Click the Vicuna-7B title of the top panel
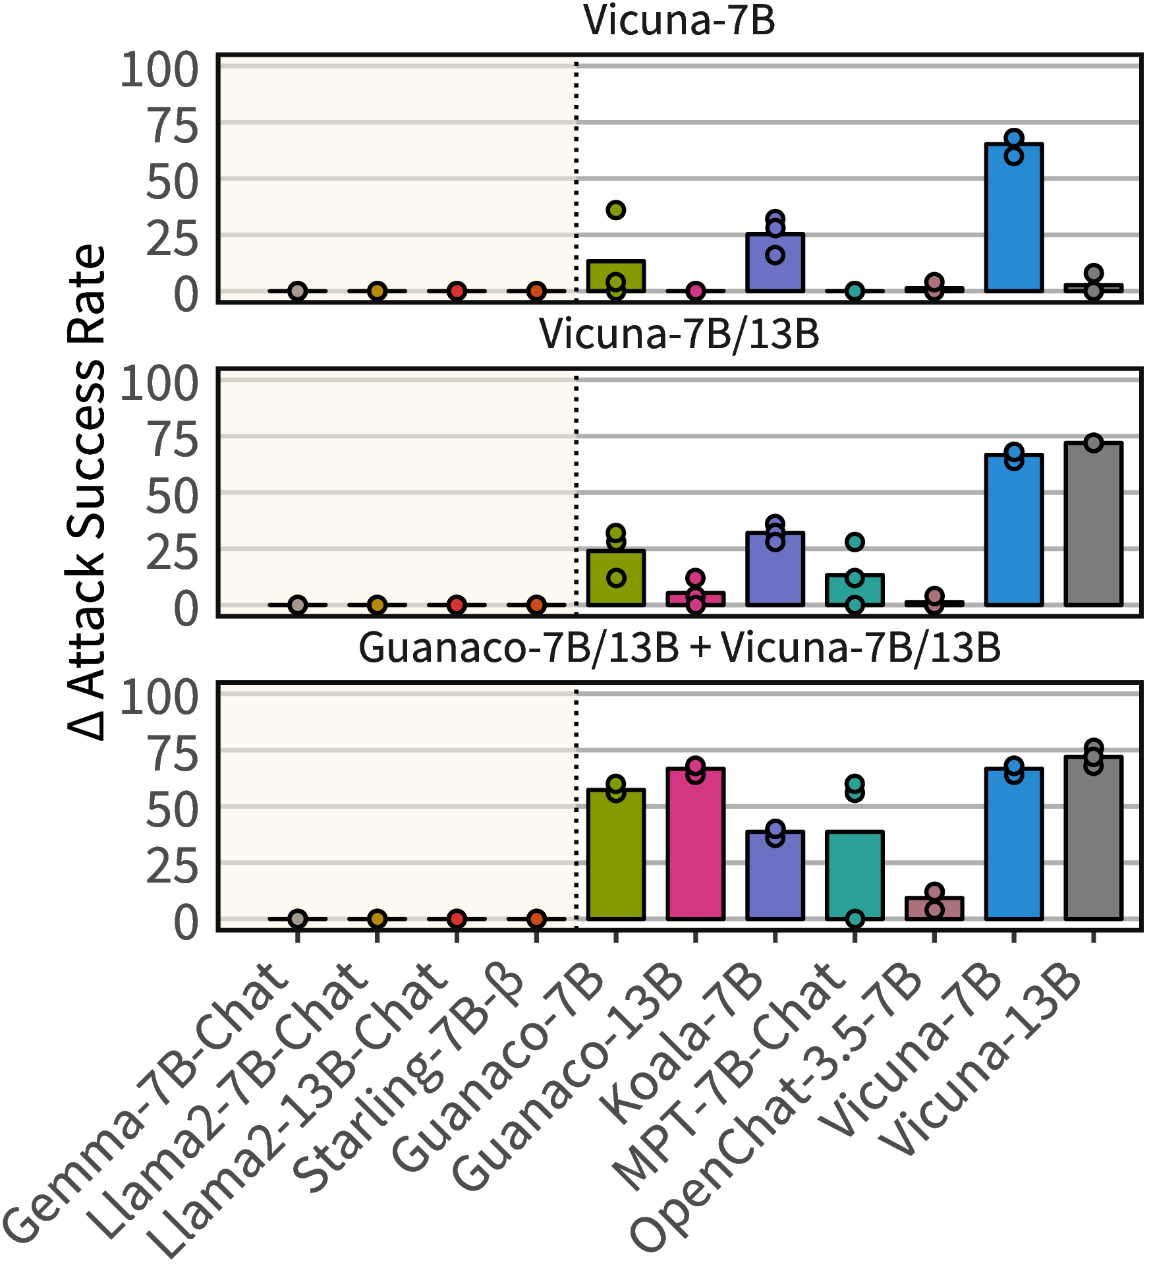click(679, 20)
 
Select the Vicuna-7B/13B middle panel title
click(679, 334)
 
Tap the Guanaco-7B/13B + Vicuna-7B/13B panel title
click(679, 647)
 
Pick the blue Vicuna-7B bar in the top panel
click(1014, 218)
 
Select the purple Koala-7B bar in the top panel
click(775, 262)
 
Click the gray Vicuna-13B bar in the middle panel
click(1094, 524)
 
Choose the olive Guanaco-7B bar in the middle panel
click(616, 578)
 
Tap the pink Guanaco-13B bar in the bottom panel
click(696, 844)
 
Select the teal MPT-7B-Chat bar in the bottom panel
click(855, 875)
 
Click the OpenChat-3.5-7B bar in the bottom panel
click(934, 908)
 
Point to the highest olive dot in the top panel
click(616, 210)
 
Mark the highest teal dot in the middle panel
click(855, 542)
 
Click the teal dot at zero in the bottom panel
click(855, 919)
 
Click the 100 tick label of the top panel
click(159, 69)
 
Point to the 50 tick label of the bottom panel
click(172, 810)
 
